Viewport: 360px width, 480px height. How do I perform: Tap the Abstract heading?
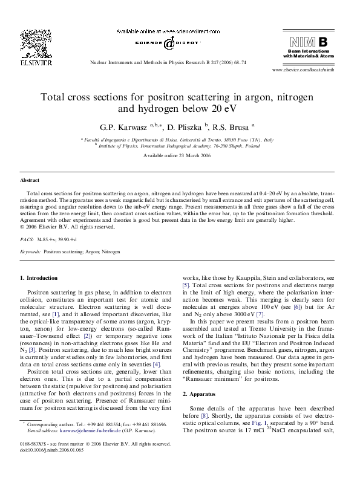click(30, 181)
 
